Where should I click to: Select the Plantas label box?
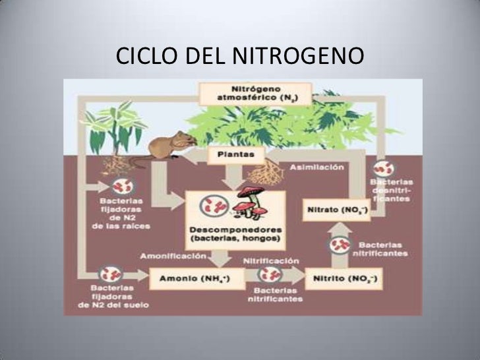(235, 155)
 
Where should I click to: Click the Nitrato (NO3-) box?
(336, 211)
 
